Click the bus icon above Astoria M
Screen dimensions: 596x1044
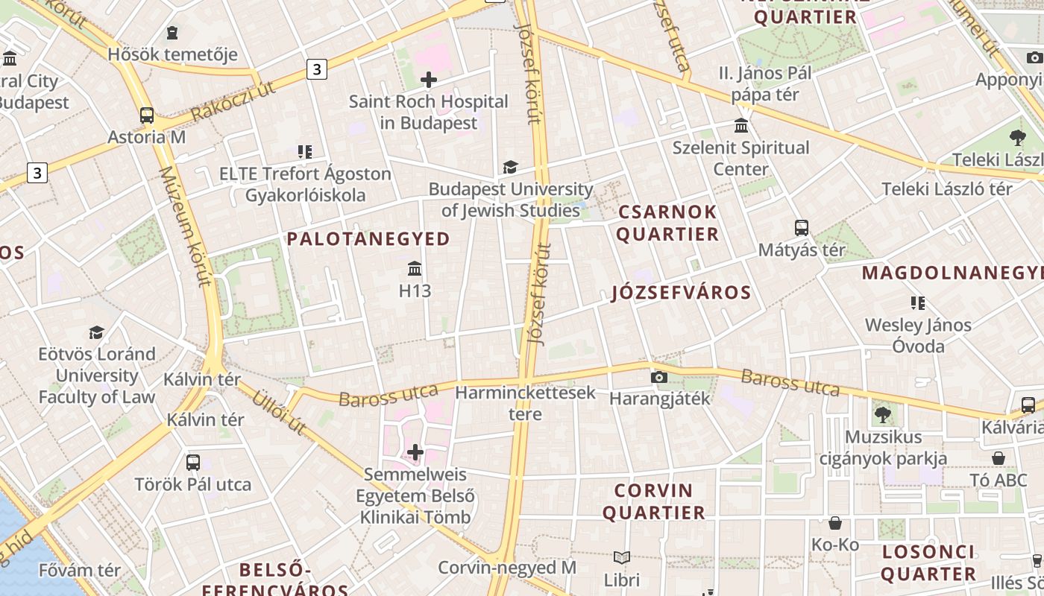pyautogui.click(x=147, y=115)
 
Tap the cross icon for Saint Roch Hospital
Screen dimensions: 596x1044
pyautogui.click(x=429, y=79)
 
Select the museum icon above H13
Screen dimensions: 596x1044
pyautogui.click(x=415, y=268)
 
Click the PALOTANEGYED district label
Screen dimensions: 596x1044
pyautogui.click(x=368, y=239)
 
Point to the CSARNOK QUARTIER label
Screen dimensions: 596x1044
pyautogui.click(x=667, y=223)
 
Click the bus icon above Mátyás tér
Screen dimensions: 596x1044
pyautogui.click(x=802, y=228)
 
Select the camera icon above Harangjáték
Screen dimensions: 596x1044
pyautogui.click(x=659, y=377)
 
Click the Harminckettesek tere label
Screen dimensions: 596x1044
pyautogui.click(x=525, y=403)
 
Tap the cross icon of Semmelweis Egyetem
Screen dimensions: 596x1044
pyautogui.click(x=415, y=452)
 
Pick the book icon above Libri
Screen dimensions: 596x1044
pyautogui.click(x=622, y=557)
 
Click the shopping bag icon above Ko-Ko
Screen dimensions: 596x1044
pyautogui.click(x=835, y=523)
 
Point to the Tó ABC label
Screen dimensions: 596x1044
pyautogui.click(x=999, y=481)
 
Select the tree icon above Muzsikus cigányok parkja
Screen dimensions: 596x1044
pyautogui.click(x=883, y=414)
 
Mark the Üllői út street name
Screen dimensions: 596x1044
pyautogui.click(x=280, y=410)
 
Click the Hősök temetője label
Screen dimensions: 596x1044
pyautogui.click(x=172, y=54)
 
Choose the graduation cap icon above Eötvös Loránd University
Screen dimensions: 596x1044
pyautogui.click(x=96, y=332)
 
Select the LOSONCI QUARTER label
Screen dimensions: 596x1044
pyautogui.click(x=928, y=563)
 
